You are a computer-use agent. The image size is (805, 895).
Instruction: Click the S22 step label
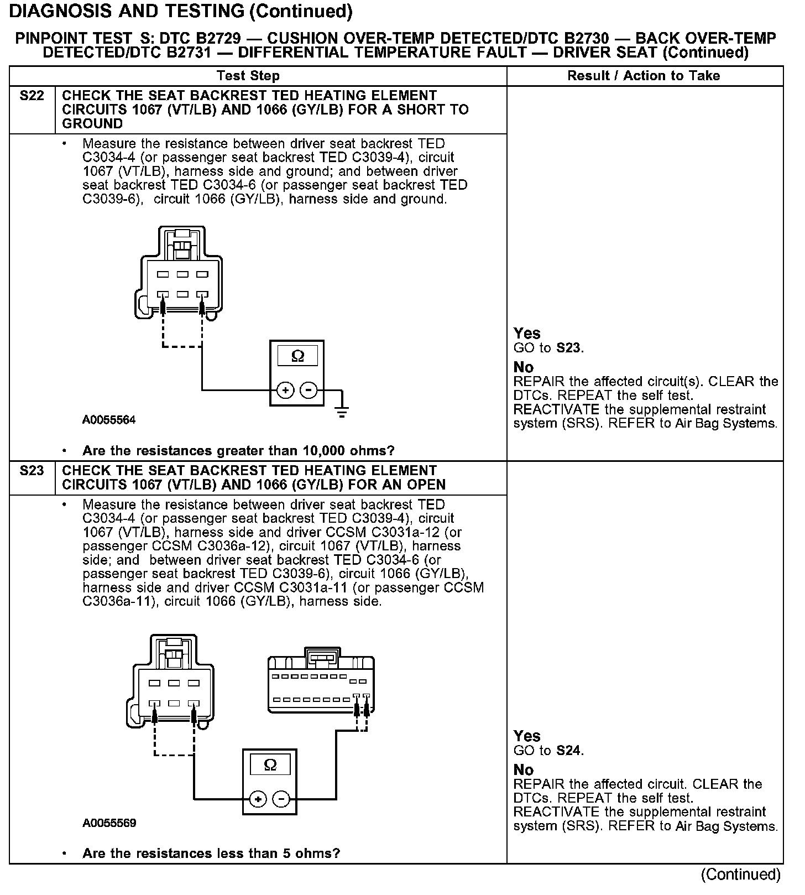click(32, 96)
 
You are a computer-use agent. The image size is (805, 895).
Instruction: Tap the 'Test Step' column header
click(248, 76)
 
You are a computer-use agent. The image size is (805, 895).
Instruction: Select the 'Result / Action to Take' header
click(644, 76)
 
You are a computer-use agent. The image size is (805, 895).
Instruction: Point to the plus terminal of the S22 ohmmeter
click(285, 391)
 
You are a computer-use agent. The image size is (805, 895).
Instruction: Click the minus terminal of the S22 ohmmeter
click(309, 391)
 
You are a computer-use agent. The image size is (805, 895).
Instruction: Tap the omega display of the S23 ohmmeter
click(270, 765)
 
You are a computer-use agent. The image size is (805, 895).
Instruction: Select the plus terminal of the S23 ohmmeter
click(258, 799)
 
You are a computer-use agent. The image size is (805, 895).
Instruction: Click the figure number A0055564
click(109, 420)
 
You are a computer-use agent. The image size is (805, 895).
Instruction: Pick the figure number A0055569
click(109, 823)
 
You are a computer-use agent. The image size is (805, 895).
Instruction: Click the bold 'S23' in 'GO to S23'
click(569, 348)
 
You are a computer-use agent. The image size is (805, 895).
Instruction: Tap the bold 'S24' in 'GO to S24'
click(569, 751)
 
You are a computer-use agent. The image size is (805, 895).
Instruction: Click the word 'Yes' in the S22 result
click(526, 333)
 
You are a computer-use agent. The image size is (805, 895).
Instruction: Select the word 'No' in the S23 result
click(523, 770)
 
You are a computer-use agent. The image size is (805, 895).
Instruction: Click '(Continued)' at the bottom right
click(740, 875)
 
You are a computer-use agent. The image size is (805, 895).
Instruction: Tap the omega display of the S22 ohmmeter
click(297, 356)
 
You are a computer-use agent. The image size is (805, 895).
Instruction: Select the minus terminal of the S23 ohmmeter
click(281, 799)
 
